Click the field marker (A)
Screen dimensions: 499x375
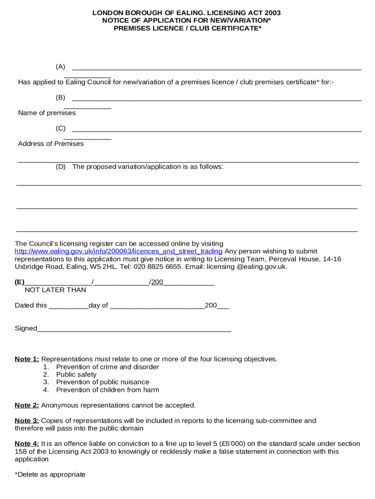(60, 67)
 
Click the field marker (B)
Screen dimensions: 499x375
(60, 97)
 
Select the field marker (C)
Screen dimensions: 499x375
(60, 128)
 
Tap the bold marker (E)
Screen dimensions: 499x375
(19, 282)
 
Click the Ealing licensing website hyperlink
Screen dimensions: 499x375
(118, 251)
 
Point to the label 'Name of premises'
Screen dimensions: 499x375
(47, 113)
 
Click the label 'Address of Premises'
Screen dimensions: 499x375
(51, 144)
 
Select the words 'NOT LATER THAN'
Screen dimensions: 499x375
(55, 290)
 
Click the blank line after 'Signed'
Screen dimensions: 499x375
(134, 329)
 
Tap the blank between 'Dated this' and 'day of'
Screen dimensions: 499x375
(69, 306)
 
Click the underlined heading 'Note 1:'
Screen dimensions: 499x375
(27, 359)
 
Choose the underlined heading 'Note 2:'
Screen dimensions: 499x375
(27, 405)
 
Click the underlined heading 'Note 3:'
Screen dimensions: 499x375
(27, 421)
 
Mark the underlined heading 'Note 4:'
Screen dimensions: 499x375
(27, 444)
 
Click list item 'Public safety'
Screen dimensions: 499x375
(76, 375)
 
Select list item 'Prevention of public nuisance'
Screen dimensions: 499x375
(102, 382)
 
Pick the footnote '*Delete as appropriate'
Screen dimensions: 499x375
(50, 475)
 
